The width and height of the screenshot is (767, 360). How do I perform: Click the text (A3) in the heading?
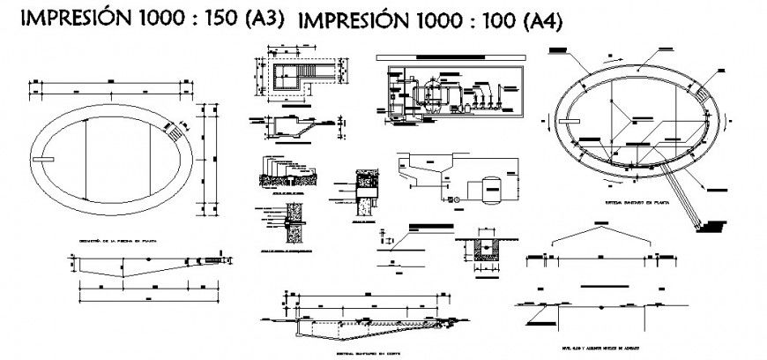(x=262, y=20)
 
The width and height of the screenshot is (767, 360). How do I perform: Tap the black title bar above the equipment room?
(x=450, y=58)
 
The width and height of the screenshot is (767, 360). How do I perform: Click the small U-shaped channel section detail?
(x=480, y=247)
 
